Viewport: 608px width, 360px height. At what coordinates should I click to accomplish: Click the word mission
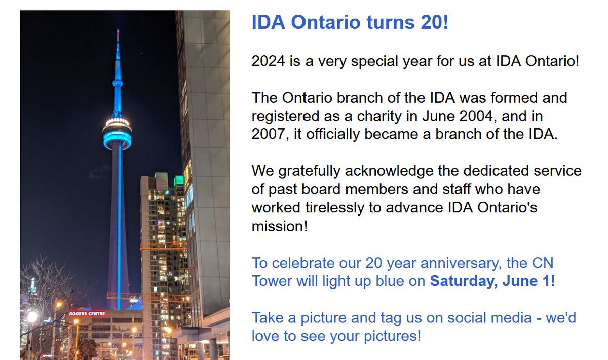pyautogui.click(x=278, y=226)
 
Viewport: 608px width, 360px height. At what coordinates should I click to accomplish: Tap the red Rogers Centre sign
pyautogui.click(x=87, y=313)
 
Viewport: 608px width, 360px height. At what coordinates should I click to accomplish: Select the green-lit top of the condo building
pyautogui.click(x=178, y=180)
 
